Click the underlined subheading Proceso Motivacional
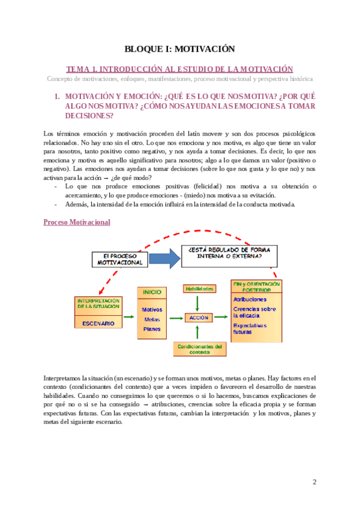click(x=76, y=222)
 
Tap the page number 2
click(x=314, y=482)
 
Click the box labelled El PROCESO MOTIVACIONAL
click(x=119, y=259)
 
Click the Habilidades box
click(x=198, y=289)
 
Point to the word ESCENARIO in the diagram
click(x=98, y=323)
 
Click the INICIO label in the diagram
click(x=152, y=292)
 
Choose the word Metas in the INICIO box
click(x=151, y=319)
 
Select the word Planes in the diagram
click(x=152, y=329)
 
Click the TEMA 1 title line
click(x=179, y=69)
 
